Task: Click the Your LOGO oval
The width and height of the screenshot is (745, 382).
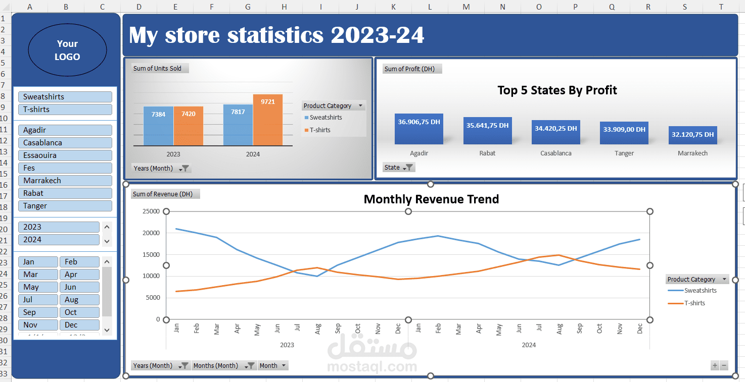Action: click(x=67, y=50)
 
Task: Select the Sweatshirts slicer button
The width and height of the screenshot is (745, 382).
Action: click(x=65, y=97)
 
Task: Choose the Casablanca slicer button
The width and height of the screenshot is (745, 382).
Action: click(x=65, y=143)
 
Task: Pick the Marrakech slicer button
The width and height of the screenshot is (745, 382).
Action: click(x=65, y=181)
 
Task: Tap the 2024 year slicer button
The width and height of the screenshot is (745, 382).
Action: click(x=59, y=240)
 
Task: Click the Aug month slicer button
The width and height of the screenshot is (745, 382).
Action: click(x=79, y=300)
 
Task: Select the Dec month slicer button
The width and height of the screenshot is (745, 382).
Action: click(x=79, y=325)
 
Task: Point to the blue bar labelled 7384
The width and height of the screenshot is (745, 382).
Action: click(x=158, y=126)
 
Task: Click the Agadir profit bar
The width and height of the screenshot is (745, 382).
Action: click(x=419, y=129)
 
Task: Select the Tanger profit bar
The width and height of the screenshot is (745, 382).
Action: click(x=624, y=133)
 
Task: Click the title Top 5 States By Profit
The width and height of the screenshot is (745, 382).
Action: click(x=557, y=90)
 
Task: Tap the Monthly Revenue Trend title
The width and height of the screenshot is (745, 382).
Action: click(x=431, y=199)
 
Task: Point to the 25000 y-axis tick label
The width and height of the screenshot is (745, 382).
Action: click(x=150, y=211)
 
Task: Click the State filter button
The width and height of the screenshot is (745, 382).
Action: click(x=399, y=168)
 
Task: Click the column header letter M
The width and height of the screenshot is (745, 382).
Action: click(x=466, y=7)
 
